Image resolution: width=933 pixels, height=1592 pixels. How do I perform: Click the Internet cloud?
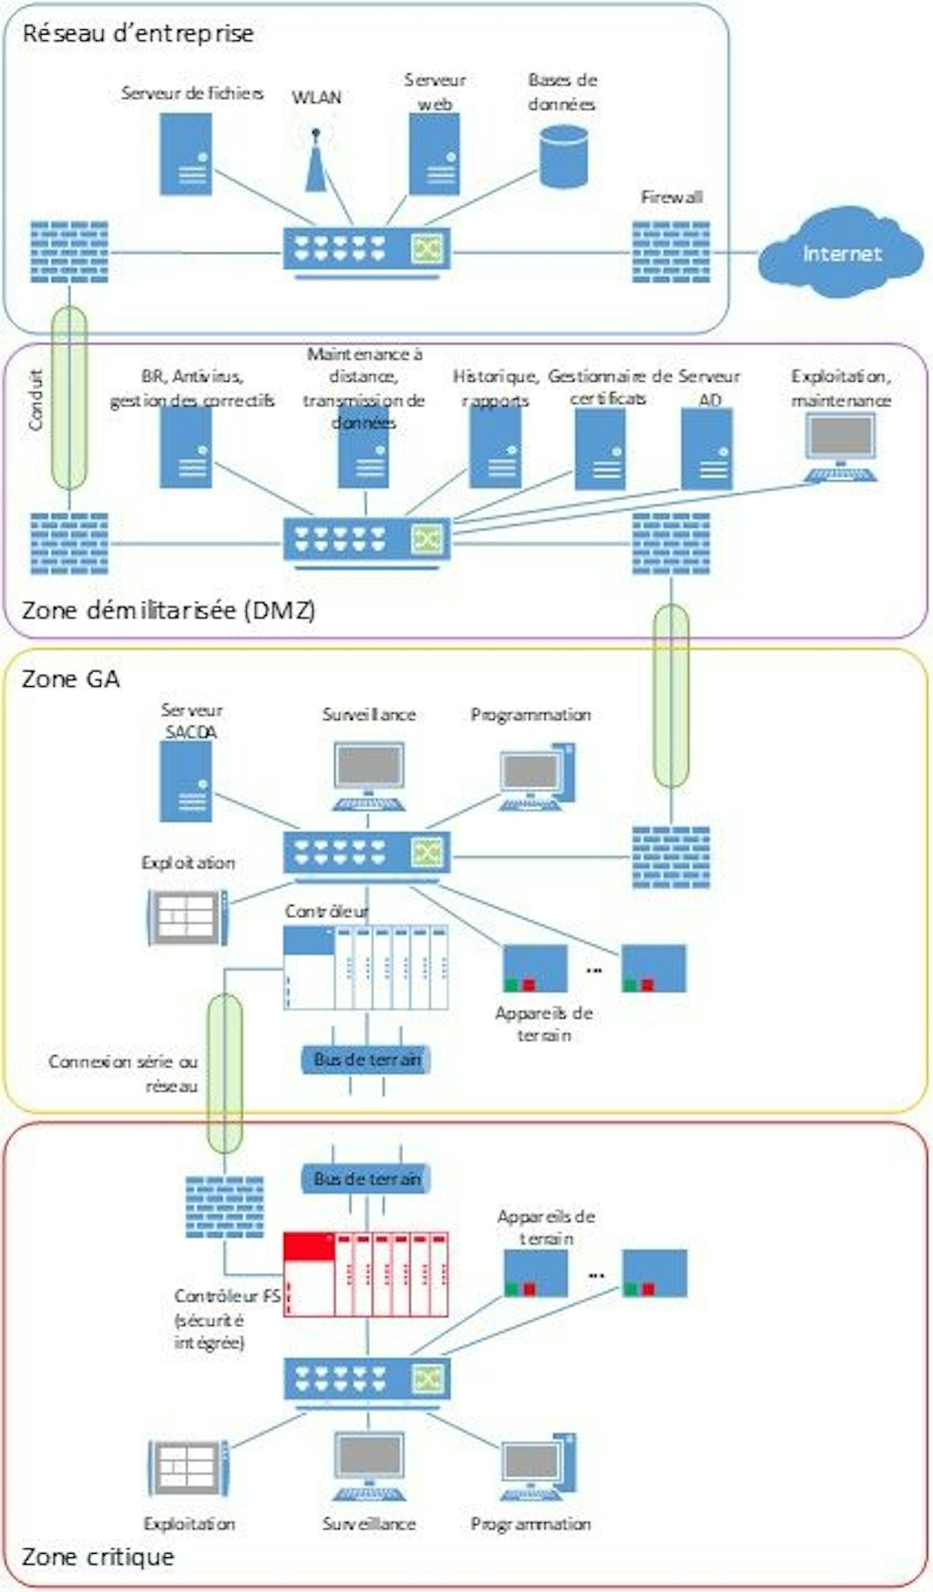click(x=840, y=252)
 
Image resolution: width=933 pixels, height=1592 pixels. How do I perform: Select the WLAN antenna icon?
click(x=316, y=160)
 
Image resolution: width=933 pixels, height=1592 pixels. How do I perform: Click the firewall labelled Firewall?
click(x=672, y=251)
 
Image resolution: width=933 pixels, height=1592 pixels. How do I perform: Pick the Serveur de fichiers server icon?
click(x=187, y=154)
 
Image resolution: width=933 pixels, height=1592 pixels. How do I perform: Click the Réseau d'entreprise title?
click(x=138, y=34)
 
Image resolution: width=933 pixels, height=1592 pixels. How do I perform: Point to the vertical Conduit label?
click(x=36, y=399)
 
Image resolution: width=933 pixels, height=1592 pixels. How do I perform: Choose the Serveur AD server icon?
click(x=707, y=449)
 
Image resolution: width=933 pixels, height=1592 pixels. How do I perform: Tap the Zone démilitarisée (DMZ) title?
click(x=169, y=610)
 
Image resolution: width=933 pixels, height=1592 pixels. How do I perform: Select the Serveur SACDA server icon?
click(x=186, y=781)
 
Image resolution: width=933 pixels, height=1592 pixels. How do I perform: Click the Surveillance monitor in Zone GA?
click(x=368, y=775)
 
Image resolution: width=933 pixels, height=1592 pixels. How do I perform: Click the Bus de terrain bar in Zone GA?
click(x=366, y=1059)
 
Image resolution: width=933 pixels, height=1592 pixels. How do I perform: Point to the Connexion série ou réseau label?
click(x=123, y=1073)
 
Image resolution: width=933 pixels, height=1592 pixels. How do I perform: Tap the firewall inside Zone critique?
click(x=224, y=1206)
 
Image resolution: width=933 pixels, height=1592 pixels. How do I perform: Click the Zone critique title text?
click(x=97, y=1556)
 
